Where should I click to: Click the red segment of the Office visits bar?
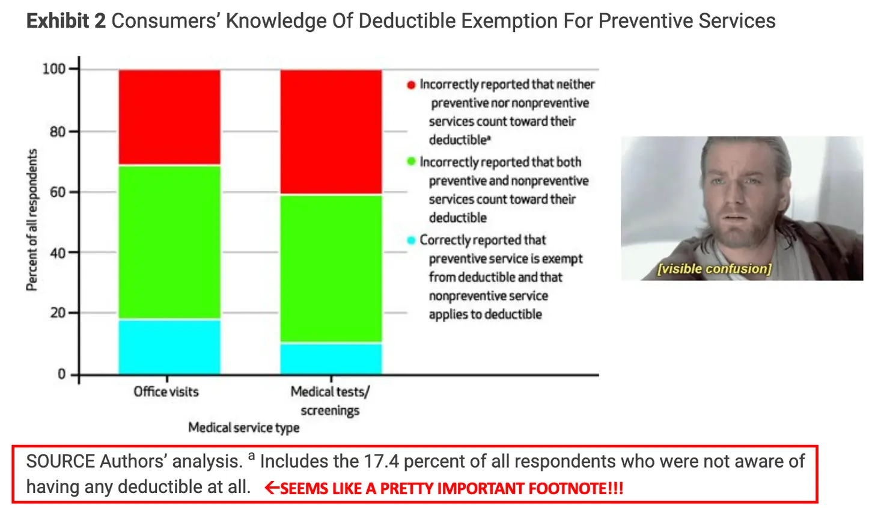pos(169,117)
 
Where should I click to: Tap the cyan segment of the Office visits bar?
pos(169,347)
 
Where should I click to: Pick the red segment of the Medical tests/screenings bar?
pos(331,132)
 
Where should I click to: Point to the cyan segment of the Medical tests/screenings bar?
pos(331,359)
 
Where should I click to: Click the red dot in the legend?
pos(411,85)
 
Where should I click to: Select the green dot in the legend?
pos(411,162)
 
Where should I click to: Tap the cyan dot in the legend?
pos(411,240)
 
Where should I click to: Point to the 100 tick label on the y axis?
pos(53,69)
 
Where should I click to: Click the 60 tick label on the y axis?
pos(58,192)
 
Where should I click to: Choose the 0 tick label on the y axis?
pos(61,375)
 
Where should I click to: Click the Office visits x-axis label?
pos(166,392)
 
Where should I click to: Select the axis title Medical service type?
pos(243,427)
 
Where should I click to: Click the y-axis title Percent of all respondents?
pos(32,220)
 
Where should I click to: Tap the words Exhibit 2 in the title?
pos(66,21)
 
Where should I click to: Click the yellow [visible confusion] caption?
pos(714,269)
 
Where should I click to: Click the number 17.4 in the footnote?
pos(381,462)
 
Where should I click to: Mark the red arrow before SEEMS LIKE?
pos(272,488)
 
